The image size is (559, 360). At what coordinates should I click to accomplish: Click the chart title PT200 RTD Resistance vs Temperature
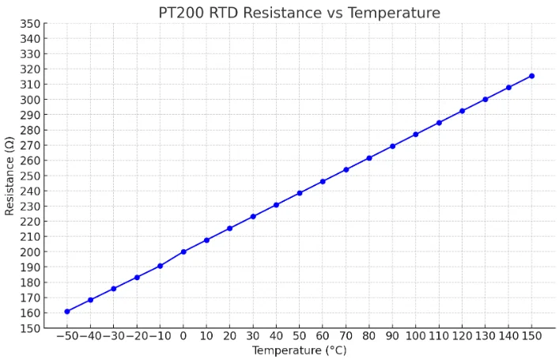tap(300, 13)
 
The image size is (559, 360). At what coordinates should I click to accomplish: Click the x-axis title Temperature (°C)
tap(299, 351)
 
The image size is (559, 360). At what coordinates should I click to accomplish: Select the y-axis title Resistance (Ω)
tap(9, 176)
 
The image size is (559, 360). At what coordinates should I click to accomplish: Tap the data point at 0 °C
tap(183, 252)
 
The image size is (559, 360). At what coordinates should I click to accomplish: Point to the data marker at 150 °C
tap(531, 76)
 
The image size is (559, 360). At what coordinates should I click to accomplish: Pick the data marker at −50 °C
tap(67, 311)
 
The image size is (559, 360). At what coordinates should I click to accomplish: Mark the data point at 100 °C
tap(416, 135)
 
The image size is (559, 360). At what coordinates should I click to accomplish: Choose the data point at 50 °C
tap(300, 193)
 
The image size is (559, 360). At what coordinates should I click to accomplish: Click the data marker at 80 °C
tap(369, 157)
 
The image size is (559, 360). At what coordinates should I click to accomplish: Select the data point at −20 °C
tap(137, 277)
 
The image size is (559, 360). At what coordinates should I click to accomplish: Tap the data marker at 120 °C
tap(462, 111)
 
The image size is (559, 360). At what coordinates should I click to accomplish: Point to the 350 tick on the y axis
tap(32, 24)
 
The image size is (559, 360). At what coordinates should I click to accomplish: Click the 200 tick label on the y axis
tap(32, 252)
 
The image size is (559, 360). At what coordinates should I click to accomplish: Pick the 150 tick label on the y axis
tap(32, 328)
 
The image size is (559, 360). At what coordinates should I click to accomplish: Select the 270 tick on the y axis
tap(32, 146)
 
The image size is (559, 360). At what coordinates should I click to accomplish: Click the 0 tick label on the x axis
tap(183, 336)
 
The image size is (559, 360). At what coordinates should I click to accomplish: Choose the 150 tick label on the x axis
tap(531, 336)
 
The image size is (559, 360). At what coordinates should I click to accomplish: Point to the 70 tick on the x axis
tap(346, 336)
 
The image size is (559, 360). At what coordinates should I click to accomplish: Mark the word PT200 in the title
tap(186, 13)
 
